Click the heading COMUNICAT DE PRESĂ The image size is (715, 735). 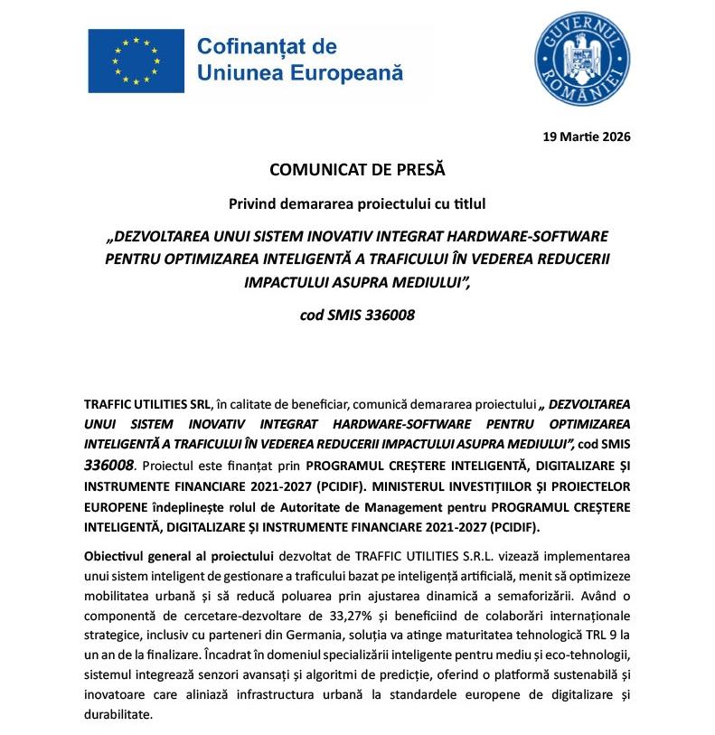(x=357, y=169)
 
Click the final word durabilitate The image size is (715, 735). (x=118, y=713)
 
